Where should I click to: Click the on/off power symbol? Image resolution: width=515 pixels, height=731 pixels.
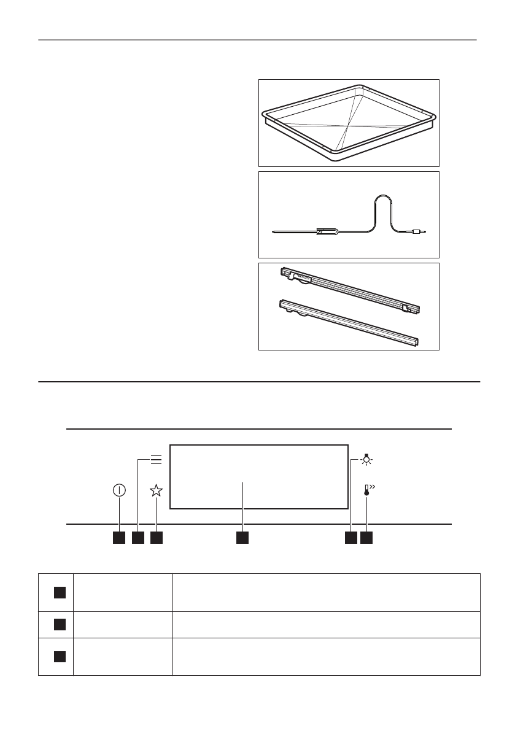pos(119,490)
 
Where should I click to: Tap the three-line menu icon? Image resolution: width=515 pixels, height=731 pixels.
pos(156,460)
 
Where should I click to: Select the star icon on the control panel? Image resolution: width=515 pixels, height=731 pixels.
pos(157,490)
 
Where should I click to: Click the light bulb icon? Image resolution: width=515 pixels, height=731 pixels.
pos(367,460)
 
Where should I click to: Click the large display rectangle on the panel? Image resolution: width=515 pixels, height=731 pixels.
pos(259,476)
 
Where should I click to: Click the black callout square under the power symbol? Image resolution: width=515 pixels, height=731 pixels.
pos(119,538)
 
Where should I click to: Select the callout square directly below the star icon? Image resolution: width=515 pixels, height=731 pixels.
pos(157,538)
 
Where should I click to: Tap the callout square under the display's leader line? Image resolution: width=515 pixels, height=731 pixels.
pos(243,538)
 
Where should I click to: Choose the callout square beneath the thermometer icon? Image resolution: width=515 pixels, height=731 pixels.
pos(367,538)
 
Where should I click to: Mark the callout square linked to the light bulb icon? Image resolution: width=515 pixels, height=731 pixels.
pos(350,538)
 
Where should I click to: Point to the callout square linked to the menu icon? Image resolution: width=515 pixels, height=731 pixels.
pos(137,538)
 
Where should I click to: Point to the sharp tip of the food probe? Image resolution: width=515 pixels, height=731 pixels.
pos(274,232)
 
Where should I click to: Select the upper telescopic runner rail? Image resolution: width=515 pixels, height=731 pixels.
pos(350,288)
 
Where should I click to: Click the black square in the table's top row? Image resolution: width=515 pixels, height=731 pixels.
pos(58,592)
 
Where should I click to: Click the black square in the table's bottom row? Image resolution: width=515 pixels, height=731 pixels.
pos(58,656)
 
